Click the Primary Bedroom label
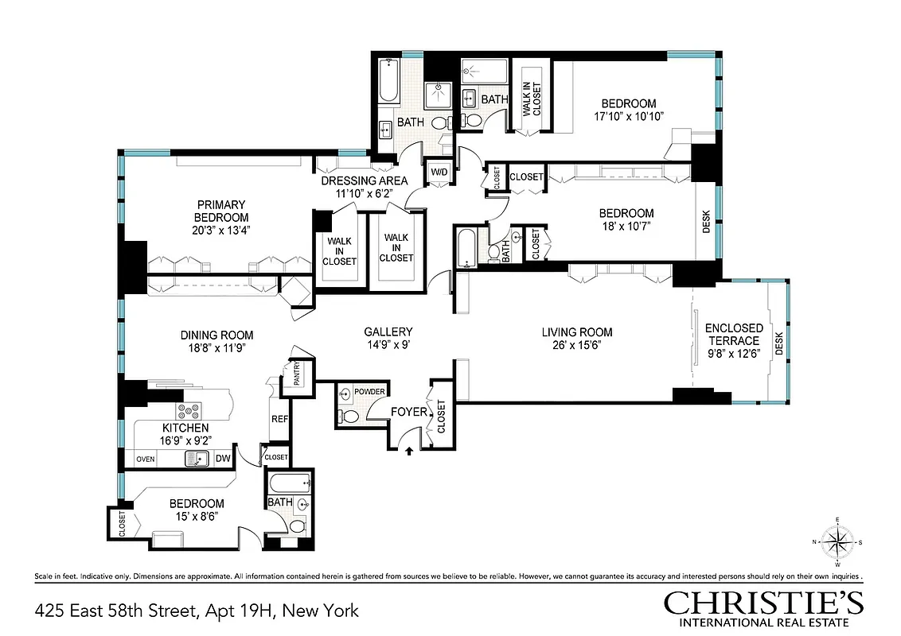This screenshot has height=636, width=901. (x=221, y=211)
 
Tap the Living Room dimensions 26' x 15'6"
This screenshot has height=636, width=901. (x=577, y=347)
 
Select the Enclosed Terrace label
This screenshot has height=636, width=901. (x=733, y=334)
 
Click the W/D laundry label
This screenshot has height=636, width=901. (x=439, y=172)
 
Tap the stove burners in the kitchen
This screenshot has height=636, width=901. (x=189, y=412)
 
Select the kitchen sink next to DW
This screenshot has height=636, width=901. (x=196, y=458)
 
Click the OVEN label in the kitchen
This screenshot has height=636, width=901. (x=146, y=459)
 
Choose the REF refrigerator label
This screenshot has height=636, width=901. (x=279, y=419)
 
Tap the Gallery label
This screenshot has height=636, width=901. (x=388, y=332)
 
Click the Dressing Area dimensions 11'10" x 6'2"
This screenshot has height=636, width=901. (x=364, y=192)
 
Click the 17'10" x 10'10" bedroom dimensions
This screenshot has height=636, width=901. (x=628, y=116)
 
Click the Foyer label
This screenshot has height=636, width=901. (x=406, y=412)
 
